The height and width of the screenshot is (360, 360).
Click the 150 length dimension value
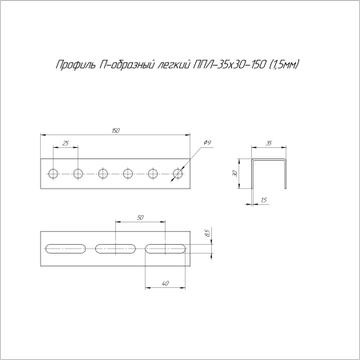click(x=116, y=130)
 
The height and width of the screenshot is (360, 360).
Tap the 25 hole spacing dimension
click(x=66, y=143)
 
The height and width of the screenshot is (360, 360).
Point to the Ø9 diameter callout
click(x=207, y=142)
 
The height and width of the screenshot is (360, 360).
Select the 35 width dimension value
click(x=269, y=143)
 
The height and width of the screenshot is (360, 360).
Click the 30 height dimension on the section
click(x=234, y=174)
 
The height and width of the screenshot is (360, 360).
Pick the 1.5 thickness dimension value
click(x=264, y=200)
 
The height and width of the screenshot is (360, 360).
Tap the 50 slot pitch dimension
click(x=140, y=218)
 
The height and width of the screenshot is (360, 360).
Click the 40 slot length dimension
click(x=166, y=283)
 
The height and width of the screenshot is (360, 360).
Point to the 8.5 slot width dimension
click(x=208, y=232)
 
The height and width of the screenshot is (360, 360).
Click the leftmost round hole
click(x=53, y=174)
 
